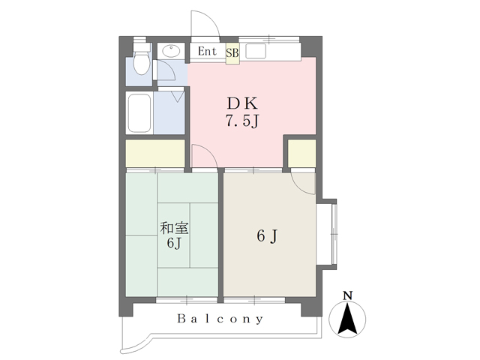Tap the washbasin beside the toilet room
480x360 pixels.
tap(170, 52)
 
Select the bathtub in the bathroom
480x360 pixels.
tap(139, 112)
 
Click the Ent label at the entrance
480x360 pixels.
tap(207, 52)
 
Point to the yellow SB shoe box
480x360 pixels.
tap(232, 53)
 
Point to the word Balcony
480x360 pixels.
tap(220, 319)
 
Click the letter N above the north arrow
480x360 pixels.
tap(346, 295)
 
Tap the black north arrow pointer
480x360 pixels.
tap(346, 319)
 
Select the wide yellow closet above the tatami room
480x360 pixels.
tap(155, 154)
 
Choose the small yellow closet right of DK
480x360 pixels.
tap(302, 154)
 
